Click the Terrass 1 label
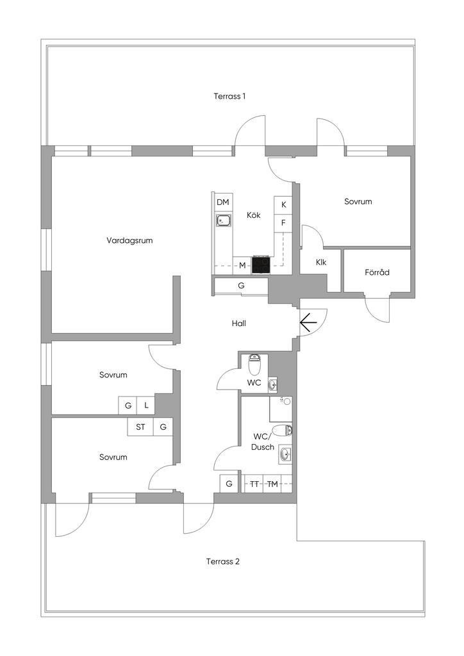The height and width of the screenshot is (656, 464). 229,96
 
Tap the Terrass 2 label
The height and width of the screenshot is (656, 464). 223,562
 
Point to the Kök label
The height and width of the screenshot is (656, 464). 254,215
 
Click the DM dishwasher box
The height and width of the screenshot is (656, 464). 222,202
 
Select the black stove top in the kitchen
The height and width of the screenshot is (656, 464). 261,265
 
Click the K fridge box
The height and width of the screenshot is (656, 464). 283,205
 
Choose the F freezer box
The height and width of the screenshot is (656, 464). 283,223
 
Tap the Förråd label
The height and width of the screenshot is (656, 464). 377,272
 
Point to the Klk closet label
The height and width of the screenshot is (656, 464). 321,262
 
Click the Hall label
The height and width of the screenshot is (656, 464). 239,324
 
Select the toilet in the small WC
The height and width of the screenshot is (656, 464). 254,365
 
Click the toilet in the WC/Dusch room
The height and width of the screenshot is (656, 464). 282,430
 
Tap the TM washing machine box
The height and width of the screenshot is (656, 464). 273,484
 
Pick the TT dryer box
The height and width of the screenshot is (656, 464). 254,484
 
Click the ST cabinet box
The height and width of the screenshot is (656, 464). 140,426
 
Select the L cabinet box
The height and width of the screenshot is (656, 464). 147,406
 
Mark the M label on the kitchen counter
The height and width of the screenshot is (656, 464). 242,265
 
